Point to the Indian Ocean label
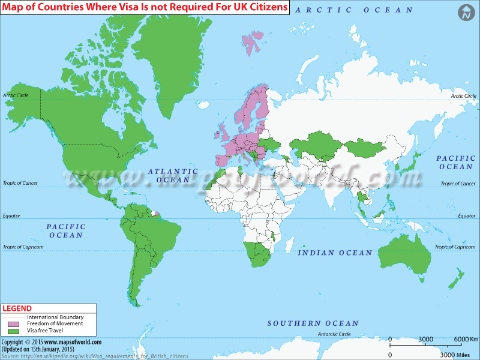coord(335,253)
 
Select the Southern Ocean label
coord(313,323)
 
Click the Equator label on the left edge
coord(13,215)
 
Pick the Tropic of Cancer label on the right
coord(458,184)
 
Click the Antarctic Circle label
coord(334,334)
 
